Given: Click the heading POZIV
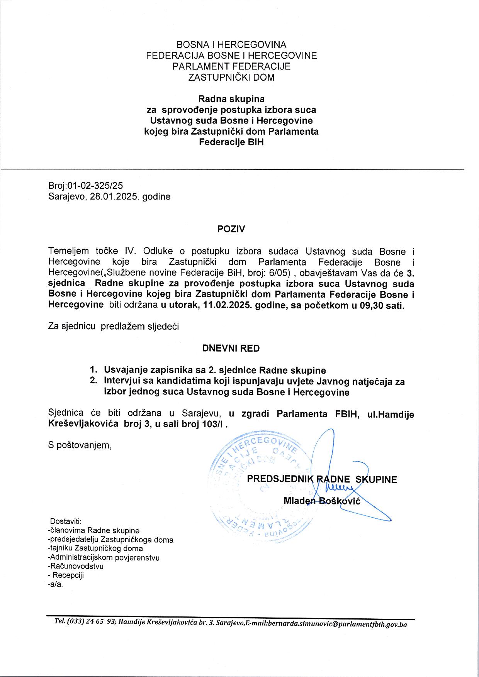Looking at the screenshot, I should [231, 229].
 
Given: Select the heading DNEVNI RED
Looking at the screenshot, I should [231, 348].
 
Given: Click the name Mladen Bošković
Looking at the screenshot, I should [322, 501].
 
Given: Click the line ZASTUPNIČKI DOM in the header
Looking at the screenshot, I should [231, 77].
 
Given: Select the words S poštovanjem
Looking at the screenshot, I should [80, 445].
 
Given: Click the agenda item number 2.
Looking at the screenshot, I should [93, 381].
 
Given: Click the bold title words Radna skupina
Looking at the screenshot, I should [231, 99].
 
